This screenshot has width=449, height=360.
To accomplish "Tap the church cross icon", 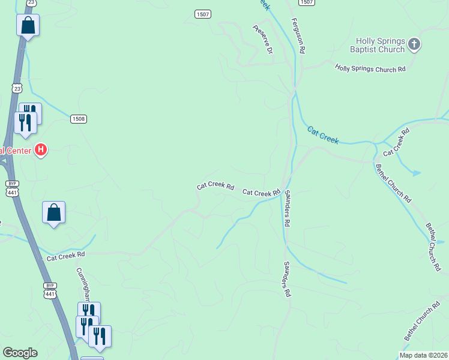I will click(414, 44).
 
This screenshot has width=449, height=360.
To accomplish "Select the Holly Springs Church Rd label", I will click(370, 69).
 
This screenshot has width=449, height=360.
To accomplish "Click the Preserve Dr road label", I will click(263, 39).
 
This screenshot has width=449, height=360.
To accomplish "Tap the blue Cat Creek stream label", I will click(323, 136).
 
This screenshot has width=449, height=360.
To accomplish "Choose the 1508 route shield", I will click(79, 119).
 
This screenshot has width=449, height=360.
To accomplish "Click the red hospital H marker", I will click(41, 149).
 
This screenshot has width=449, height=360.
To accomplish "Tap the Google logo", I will click(20, 353).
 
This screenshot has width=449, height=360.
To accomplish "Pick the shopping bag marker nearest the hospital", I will click(53, 212).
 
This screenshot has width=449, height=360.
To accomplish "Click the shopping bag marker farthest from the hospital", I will click(27, 25).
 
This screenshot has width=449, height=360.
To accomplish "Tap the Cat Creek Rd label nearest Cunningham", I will click(66, 256).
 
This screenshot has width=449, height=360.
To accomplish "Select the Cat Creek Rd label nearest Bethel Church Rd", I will click(396, 142).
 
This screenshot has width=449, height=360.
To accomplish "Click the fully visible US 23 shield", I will click(16, 88).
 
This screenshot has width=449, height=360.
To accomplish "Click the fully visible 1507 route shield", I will click(202, 13).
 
